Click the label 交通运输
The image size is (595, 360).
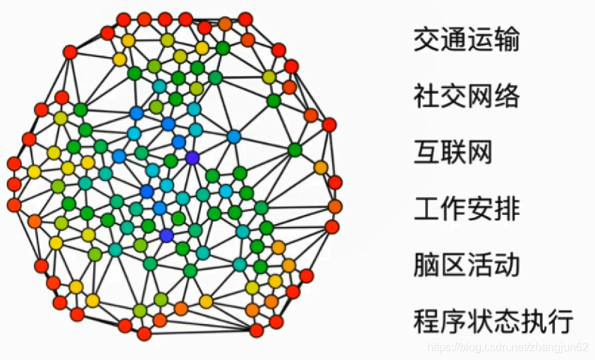click(466, 39)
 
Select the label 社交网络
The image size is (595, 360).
click(466, 95)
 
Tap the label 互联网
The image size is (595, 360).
click(453, 151)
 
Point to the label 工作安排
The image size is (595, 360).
click(466, 208)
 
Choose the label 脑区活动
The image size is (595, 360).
click(466, 264)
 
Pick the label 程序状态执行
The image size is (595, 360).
click(493, 321)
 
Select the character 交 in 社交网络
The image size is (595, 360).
click(453, 95)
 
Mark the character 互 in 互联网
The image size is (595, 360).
click(426, 151)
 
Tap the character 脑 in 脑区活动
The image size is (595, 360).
click(426, 264)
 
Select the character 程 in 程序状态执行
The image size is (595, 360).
click(426, 321)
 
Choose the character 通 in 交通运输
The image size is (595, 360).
click(453, 39)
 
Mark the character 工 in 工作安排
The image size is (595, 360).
click(426, 208)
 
